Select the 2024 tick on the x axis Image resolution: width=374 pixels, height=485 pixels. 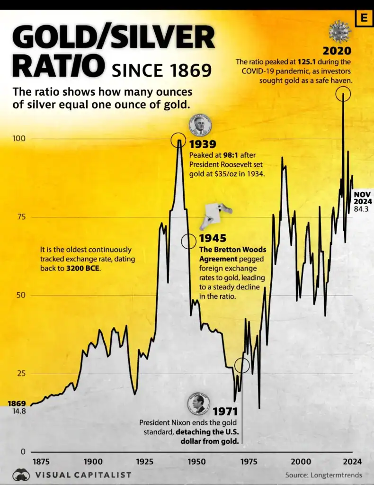(x=352, y=462)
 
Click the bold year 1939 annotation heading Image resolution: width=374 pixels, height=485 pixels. (x=203, y=144)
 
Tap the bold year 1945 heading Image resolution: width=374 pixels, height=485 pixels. (x=213, y=239)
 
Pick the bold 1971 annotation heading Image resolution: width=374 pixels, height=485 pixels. (x=224, y=412)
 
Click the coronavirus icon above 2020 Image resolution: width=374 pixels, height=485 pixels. (x=340, y=31)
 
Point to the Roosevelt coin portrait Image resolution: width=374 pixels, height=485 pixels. (x=200, y=126)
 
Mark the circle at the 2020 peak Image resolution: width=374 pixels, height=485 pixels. (x=343, y=94)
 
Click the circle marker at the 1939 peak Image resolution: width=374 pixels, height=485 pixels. (x=179, y=140)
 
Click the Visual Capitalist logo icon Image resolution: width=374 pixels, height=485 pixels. (x=21, y=475)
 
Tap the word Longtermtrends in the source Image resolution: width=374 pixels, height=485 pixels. (x=337, y=475)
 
